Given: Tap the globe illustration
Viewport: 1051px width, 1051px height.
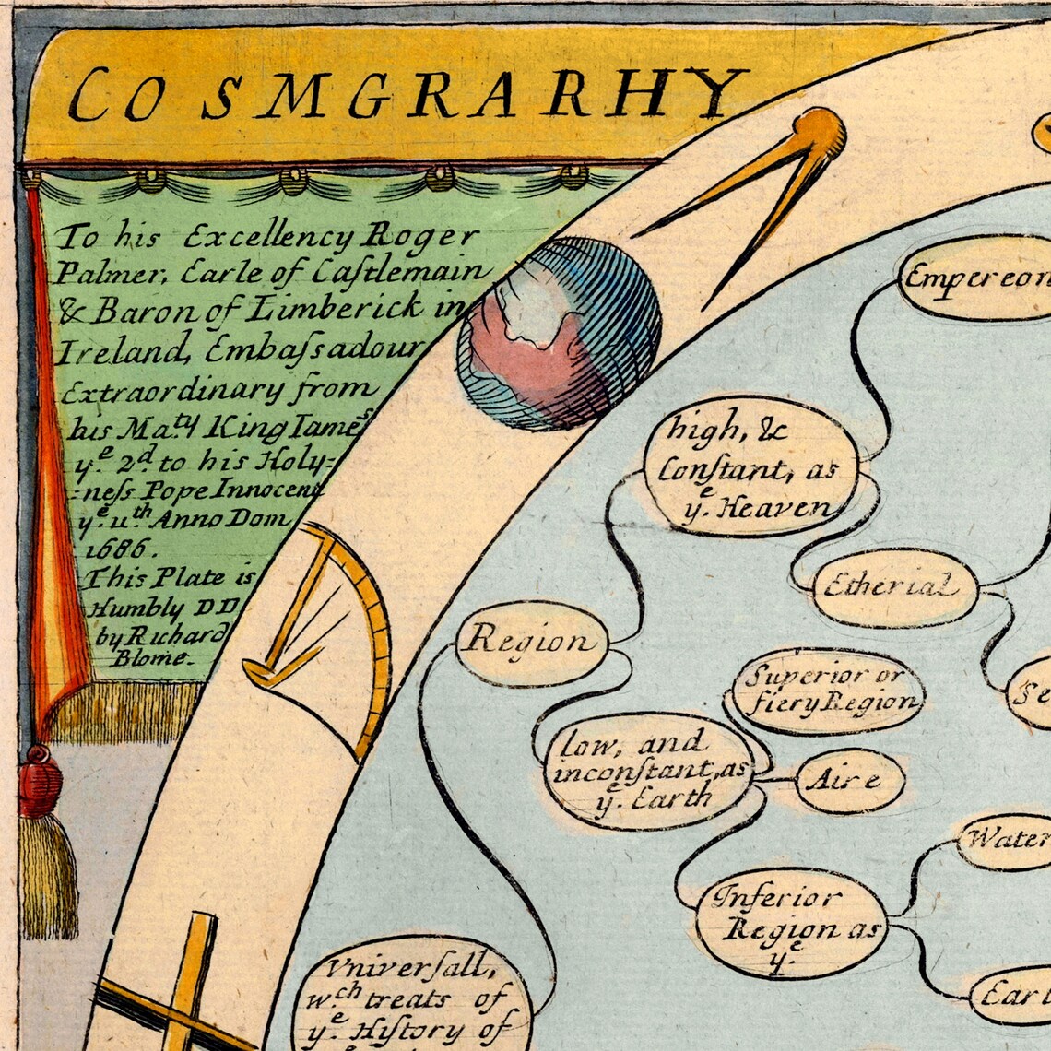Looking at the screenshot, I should [560, 333].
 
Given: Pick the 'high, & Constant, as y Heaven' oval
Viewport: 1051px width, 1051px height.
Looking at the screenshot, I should [749, 466].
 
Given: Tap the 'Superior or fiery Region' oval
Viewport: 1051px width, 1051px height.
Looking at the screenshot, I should [828, 691].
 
